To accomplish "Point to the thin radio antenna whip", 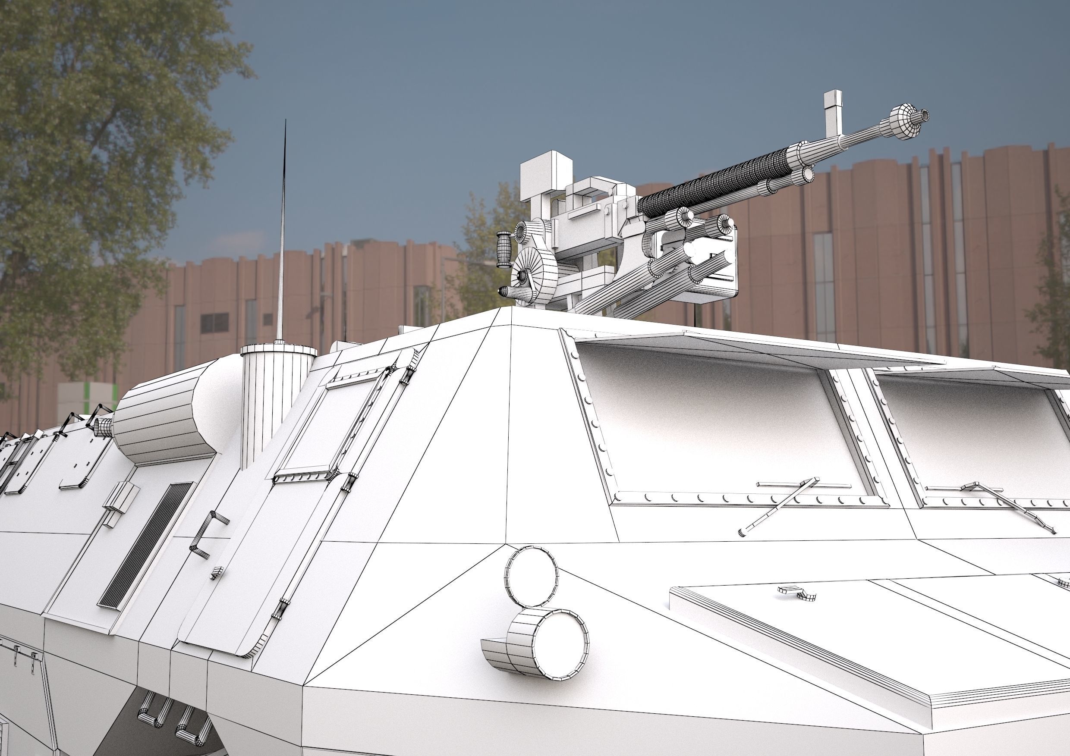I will [283, 233].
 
